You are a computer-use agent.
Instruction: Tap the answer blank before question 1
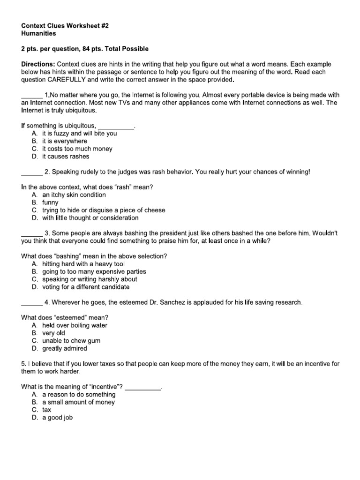[32, 95]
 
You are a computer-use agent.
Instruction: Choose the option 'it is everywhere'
[65, 141]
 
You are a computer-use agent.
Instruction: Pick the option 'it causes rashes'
[65, 157]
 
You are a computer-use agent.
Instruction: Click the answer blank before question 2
[32, 172]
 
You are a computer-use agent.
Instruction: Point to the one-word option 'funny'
[50, 202]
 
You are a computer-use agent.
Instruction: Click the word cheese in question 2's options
[155, 210]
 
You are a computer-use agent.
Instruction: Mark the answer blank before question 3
[32, 233]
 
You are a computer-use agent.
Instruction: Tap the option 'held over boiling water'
[75, 325]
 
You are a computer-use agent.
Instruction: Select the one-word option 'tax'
[47, 410]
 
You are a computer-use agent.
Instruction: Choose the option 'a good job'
[57, 417]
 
